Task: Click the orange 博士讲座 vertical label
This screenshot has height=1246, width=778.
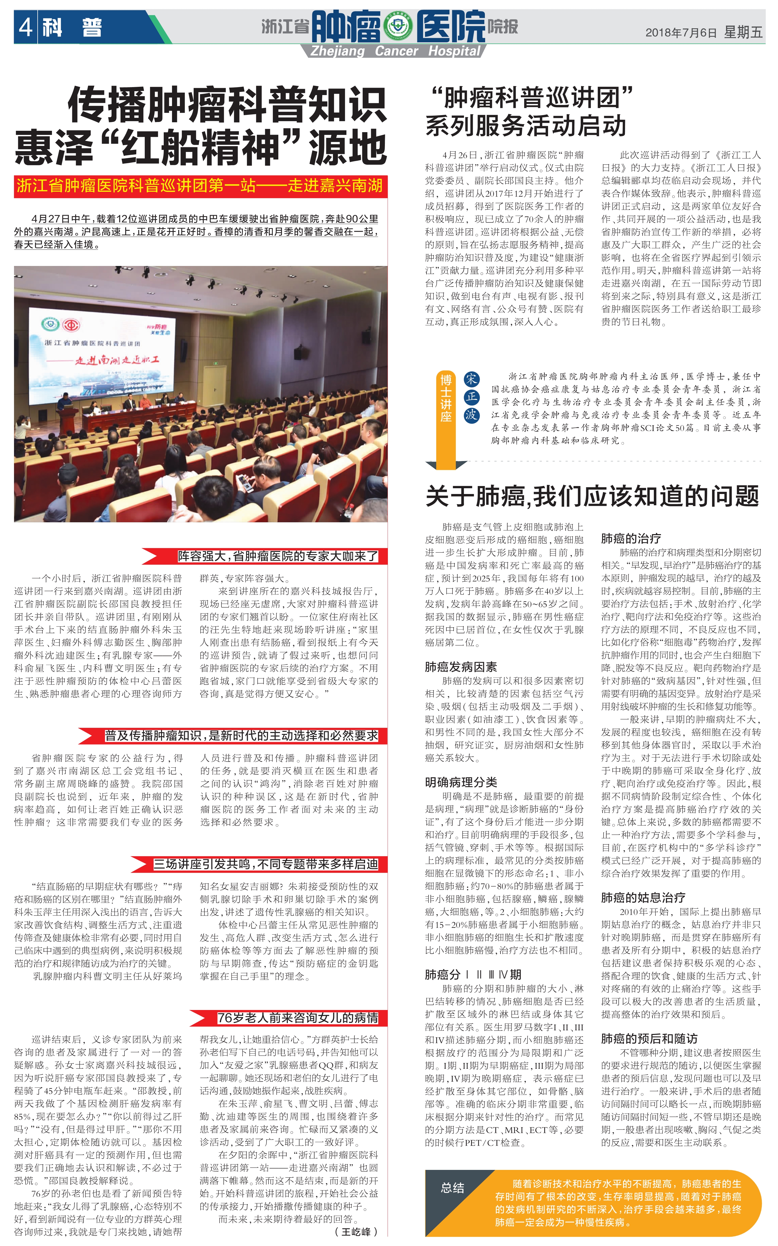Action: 446,398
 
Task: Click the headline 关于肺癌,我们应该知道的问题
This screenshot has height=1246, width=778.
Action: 592,496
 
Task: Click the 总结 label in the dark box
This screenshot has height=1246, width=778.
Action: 452,1188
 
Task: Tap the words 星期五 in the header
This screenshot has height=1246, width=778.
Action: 743,33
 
